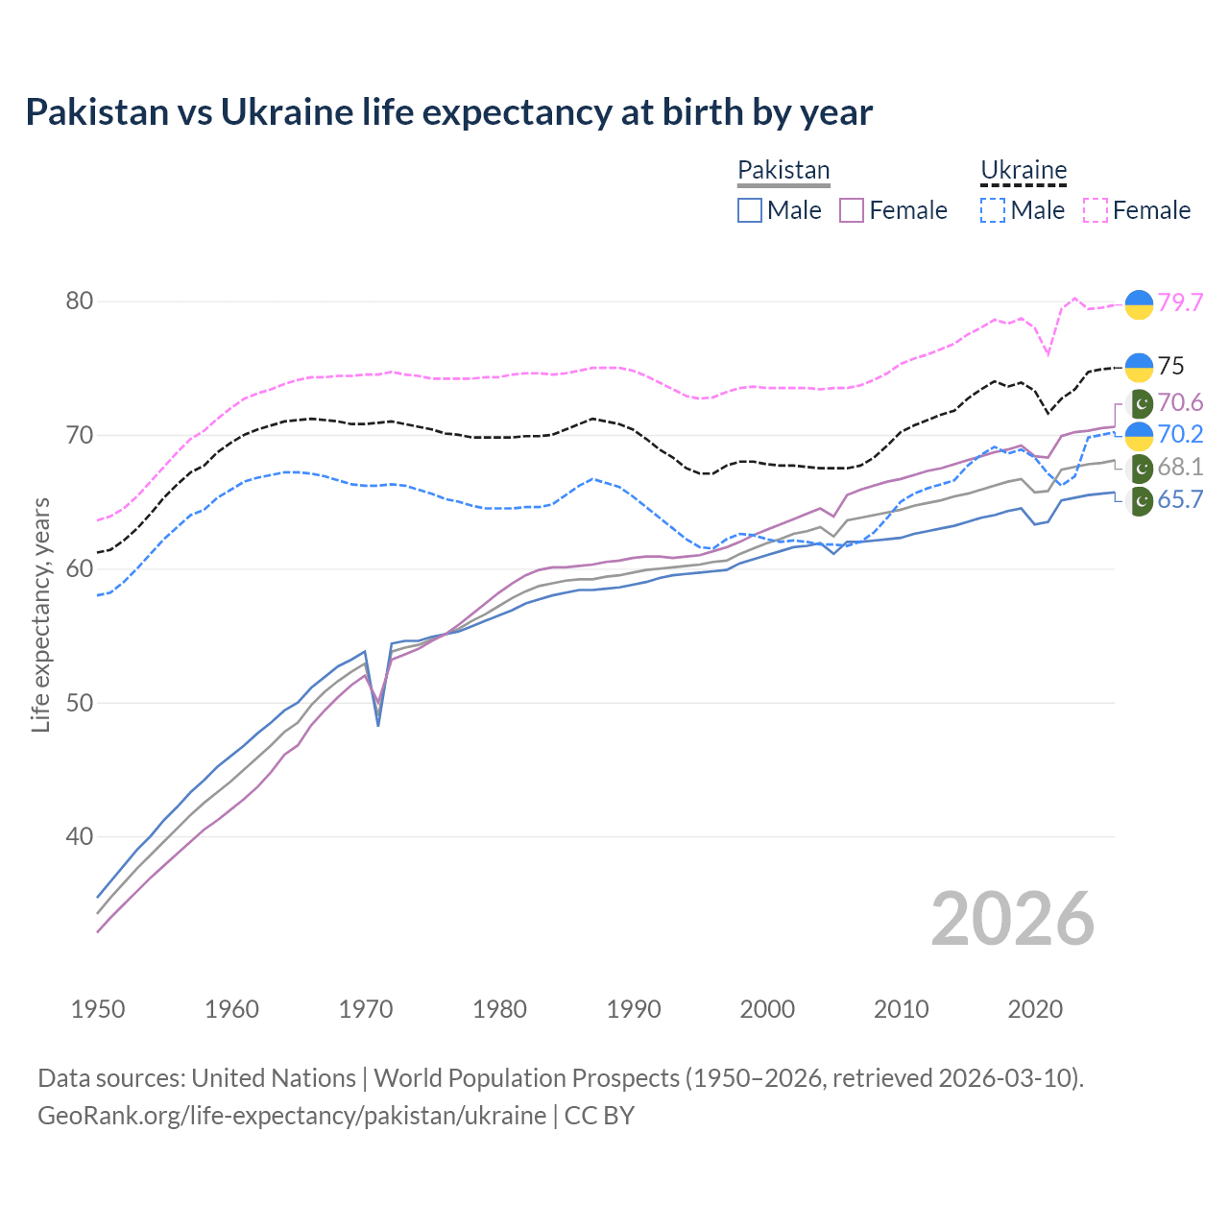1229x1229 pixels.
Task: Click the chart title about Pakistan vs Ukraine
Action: [x=448, y=112]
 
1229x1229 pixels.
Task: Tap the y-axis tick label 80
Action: [x=80, y=301]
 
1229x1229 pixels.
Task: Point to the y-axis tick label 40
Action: [x=80, y=836]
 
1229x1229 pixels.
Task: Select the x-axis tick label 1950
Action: [x=98, y=1009]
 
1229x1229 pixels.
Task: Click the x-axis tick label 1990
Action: [x=634, y=1009]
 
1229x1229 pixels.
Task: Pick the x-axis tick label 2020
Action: [x=1035, y=1009]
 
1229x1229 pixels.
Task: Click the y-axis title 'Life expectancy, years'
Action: [x=40, y=614]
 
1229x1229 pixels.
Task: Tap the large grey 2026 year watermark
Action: [x=1012, y=919]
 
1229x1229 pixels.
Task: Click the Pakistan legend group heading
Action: [x=783, y=170]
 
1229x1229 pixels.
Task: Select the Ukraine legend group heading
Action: [x=1024, y=170]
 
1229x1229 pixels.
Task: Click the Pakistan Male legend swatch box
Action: [x=750, y=210]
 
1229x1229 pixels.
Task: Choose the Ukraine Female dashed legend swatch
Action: [x=1096, y=210]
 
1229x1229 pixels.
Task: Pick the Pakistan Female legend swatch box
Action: [x=852, y=210]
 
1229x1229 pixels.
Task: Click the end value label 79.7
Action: [x=1180, y=302]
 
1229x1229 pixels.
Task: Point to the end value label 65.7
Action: [x=1180, y=499]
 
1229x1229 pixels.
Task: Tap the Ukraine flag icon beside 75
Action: [x=1139, y=367]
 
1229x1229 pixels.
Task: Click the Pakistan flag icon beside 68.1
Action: [x=1140, y=469]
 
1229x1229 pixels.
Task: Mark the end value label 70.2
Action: [x=1180, y=434]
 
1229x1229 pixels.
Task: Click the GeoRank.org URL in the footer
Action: [x=292, y=1116]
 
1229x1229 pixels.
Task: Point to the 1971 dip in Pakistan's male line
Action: [x=378, y=724]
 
